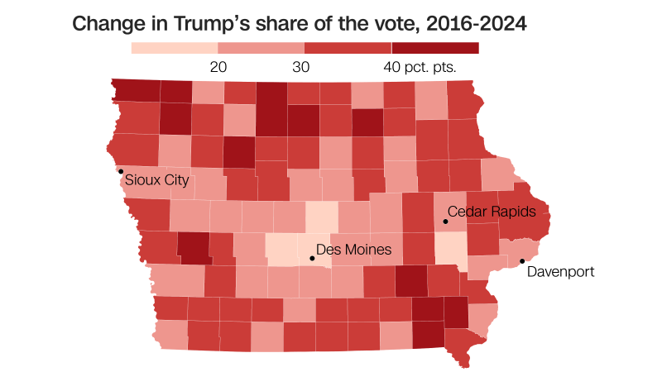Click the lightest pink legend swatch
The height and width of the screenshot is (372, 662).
point(175,47)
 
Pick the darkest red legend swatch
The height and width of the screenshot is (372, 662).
point(435,47)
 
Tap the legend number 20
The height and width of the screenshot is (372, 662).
point(218,67)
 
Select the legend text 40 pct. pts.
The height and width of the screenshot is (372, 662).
point(420,67)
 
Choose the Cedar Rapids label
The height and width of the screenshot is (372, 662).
point(498,212)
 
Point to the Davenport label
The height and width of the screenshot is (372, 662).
point(560,271)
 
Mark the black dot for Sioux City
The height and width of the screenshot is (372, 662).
point(121,171)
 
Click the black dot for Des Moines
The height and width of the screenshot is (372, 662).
point(312,259)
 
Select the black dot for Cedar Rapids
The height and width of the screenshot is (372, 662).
point(445,222)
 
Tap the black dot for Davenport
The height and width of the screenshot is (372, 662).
point(522,262)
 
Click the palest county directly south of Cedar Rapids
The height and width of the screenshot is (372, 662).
point(451,246)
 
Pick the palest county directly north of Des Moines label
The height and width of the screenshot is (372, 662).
point(322,217)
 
